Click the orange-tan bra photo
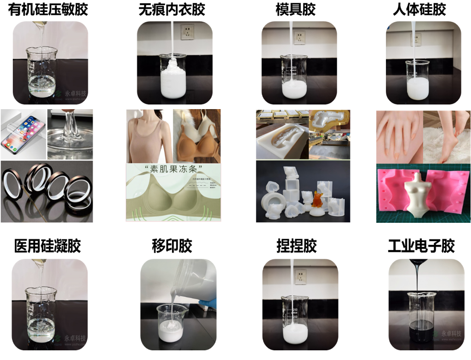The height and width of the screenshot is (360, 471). tap(197, 136)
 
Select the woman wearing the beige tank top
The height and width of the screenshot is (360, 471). tap(149, 136)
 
